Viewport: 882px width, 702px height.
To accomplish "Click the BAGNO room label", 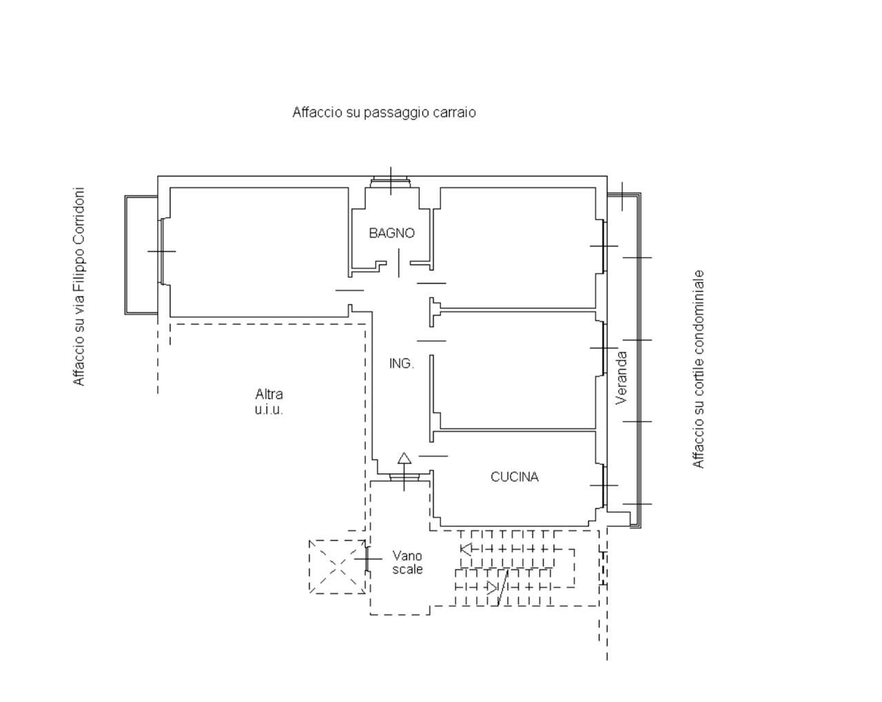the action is (x=391, y=233).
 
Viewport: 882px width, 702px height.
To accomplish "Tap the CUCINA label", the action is (x=514, y=477).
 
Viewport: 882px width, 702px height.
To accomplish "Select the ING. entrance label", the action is (x=401, y=363).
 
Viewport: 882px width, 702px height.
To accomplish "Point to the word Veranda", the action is (x=622, y=378).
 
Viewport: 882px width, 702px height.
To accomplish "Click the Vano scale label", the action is (x=407, y=562).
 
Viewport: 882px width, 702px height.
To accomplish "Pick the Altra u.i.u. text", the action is (x=269, y=401).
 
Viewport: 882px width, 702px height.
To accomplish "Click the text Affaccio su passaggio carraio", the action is (x=384, y=112).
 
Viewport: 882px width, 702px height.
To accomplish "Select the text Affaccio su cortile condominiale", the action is (x=698, y=369).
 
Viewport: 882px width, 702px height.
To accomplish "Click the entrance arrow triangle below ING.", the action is (x=404, y=457).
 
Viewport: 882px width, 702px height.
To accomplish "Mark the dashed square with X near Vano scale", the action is (x=338, y=567).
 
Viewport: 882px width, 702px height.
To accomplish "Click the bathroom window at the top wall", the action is (x=391, y=183).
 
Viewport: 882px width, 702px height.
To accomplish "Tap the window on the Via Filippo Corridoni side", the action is (x=161, y=251).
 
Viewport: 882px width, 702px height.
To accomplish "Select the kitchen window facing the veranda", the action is (x=604, y=485).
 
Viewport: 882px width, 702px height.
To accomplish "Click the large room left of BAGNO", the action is (x=259, y=252).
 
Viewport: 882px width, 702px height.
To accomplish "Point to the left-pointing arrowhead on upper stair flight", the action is (x=466, y=548).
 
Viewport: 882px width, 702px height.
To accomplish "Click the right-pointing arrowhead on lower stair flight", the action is (x=492, y=588).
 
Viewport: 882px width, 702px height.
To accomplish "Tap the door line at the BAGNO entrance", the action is (x=399, y=262).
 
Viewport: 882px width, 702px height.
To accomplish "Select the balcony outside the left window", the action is (x=141, y=255).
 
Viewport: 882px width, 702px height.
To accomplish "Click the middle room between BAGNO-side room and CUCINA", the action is (x=517, y=371).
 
